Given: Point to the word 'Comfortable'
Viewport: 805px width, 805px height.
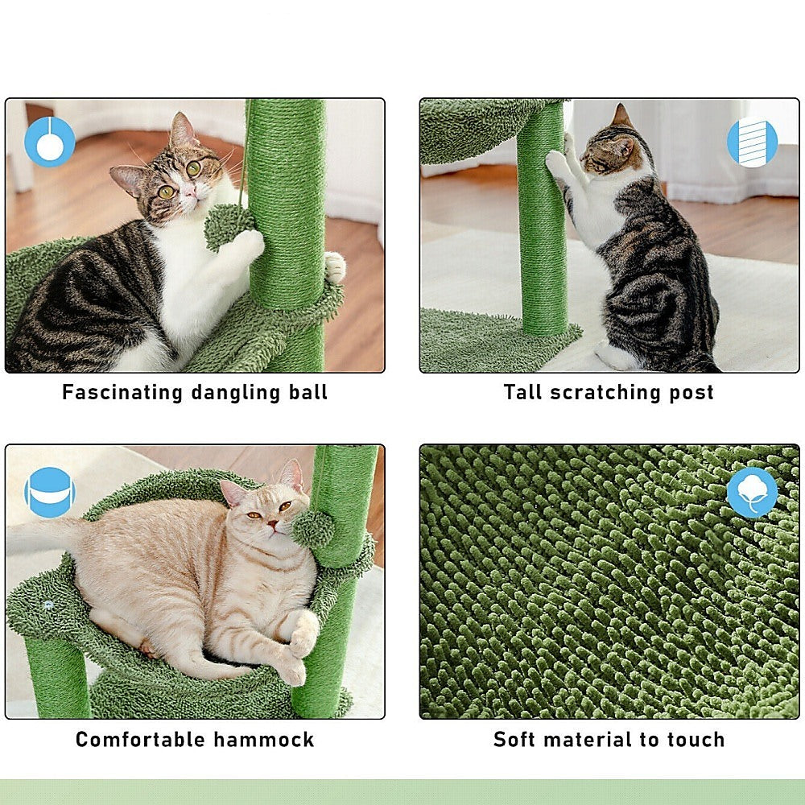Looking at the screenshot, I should tap(141, 740).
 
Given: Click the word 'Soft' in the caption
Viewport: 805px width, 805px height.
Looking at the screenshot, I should tap(515, 740).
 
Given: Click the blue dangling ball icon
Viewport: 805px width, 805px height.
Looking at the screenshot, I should tap(50, 142).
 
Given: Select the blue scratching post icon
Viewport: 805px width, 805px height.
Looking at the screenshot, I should tap(752, 142).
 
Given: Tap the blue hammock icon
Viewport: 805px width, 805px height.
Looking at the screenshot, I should tap(49, 492).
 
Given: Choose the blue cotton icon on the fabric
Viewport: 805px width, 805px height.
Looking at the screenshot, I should tap(752, 492).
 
